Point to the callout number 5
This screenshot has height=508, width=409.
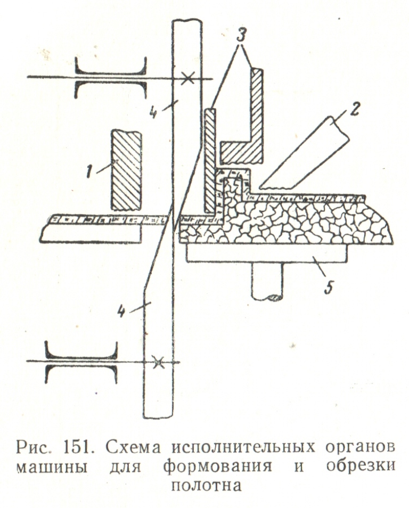(329, 288)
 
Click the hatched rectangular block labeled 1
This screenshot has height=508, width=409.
(126, 169)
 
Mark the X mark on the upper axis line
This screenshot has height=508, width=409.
(186, 78)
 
